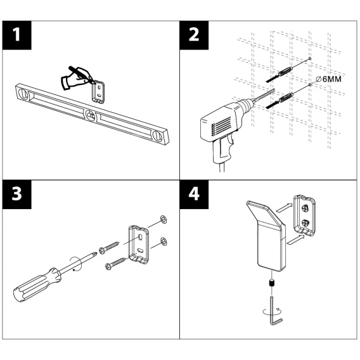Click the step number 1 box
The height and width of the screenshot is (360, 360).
[x=16, y=35]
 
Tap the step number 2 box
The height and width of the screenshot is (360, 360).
[x=194, y=35]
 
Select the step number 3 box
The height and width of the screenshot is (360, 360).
[x=16, y=195]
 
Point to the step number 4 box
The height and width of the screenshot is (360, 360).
[x=194, y=195]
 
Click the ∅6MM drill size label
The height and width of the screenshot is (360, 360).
[x=328, y=79]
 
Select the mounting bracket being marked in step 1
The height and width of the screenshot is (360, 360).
[x=99, y=91]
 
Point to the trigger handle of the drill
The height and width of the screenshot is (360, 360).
[x=222, y=149]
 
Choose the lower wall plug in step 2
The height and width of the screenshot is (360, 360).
[x=286, y=97]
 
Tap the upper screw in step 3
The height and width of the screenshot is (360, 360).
[x=109, y=247]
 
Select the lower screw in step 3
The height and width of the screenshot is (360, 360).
[x=115, y=263]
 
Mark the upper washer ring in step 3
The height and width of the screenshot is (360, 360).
[x=163, y=220]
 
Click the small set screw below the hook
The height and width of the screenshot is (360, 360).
[x=272, y=283]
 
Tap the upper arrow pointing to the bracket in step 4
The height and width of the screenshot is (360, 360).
[x=284, y=208]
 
